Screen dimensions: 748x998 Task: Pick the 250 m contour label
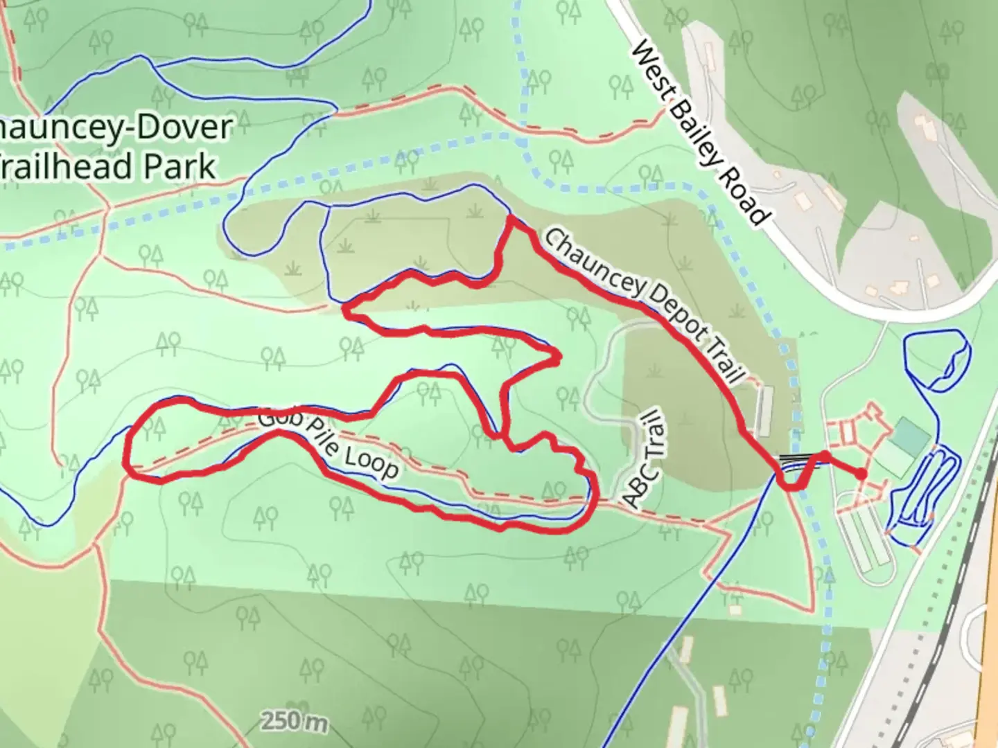tap(294, 721)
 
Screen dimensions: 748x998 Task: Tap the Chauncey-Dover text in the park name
tap(114, 128)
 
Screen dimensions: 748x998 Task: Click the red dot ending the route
tap(860, 474)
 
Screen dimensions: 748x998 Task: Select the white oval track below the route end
tap(864, 533)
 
